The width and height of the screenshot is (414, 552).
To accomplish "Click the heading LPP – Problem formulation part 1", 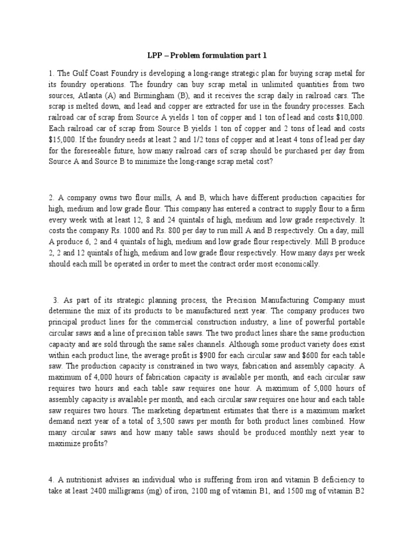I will point(207,56).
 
